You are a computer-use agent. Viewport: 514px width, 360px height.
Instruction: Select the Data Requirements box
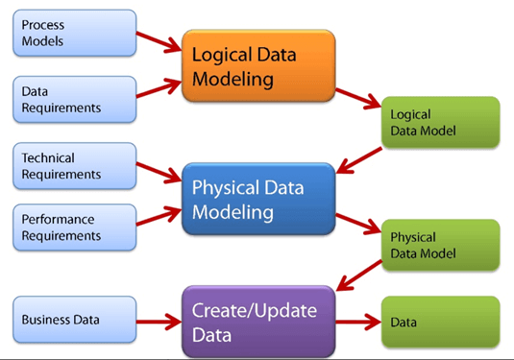pos(73,100)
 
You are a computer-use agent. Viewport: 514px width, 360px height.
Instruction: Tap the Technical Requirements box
pos(73,165)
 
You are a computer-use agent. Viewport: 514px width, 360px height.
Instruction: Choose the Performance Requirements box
pos(73,227)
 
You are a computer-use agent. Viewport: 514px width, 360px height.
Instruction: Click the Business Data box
pos(73,320)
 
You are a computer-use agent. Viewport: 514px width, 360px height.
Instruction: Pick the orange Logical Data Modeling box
pos(258,63)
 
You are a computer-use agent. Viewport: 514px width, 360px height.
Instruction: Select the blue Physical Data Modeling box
pos(258,199)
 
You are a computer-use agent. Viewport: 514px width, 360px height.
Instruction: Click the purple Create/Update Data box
pos(258,322)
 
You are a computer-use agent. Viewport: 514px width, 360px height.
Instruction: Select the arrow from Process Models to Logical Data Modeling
pos(159,40)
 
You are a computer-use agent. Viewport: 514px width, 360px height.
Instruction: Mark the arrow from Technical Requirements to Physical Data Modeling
pos(159,173)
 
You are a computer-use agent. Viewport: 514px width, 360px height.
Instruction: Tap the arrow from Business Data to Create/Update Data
pos(159,321)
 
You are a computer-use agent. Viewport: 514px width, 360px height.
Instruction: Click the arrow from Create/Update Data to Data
pos(357,322)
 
